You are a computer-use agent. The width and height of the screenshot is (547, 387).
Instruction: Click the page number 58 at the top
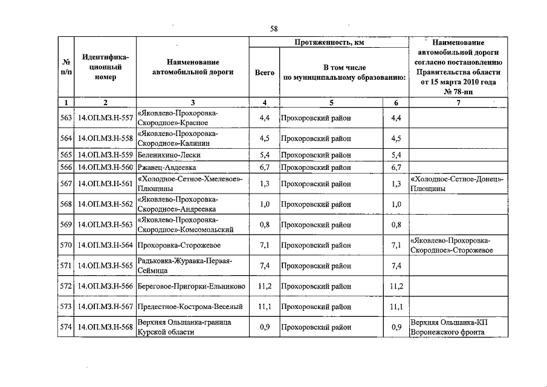(x=273, y=29)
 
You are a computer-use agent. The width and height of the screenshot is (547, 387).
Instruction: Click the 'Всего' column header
(x=264, y=72)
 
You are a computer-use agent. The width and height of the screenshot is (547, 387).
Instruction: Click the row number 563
(x=66, y=118)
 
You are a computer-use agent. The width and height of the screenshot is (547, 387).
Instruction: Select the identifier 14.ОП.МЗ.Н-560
(x=106, y=167)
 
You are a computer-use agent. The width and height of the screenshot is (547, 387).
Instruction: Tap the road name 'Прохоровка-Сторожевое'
(x=179, y=246)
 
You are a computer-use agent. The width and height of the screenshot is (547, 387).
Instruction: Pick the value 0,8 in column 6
(x=396, y=225)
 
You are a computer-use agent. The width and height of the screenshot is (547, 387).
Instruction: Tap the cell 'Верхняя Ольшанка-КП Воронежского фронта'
(x=448, y=327)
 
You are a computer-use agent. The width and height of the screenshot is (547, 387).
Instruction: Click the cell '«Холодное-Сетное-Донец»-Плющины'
(x=457, y=184)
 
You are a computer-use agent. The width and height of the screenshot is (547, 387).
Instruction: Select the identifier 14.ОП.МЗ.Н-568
(x=106, y=327)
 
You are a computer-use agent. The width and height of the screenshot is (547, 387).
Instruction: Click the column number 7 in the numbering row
(x=458, y=103)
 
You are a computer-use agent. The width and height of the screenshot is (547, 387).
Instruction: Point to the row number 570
(x=66, y=246)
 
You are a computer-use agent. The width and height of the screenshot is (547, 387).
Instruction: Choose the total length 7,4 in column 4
(x=264, y=265)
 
